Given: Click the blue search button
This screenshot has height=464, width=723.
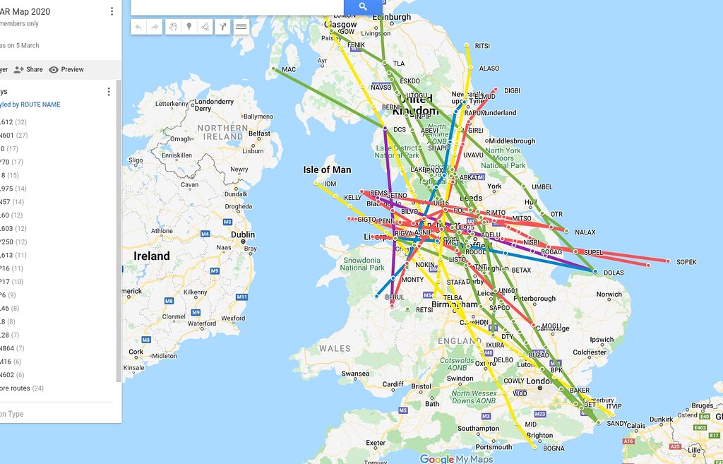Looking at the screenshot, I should [x=362, y=6].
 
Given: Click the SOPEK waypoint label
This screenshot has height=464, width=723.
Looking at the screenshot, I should [x=686, y=262].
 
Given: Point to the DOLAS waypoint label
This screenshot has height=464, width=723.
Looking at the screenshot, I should [x=614, y=273].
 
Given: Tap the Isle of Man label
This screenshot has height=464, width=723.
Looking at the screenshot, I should [x=327, y=169].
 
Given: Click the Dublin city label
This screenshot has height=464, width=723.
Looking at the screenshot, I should [x=242, y=235].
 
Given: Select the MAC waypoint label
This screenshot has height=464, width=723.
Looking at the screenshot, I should [x=289, y=69].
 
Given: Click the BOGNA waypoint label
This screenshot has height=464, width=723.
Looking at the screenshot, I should [x=554, y=448].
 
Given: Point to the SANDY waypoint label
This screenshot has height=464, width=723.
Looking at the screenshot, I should [x=616, y=424].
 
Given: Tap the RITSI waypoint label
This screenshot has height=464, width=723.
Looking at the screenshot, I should [x=482, y=46].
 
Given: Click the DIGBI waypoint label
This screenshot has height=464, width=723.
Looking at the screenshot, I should [x=512, y=90].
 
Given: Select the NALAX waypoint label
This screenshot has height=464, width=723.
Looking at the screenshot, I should [x=585, y=232].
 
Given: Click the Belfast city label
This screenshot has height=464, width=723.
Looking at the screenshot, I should [x=259, y=133].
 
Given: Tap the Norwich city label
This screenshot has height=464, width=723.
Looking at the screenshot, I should [x=609, y=295].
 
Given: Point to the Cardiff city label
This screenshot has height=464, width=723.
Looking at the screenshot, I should [x=393, y=385].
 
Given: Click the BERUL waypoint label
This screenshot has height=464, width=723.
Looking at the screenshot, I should [x=395, y=297].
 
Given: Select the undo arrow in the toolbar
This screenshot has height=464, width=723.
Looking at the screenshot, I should [x=138, y=27].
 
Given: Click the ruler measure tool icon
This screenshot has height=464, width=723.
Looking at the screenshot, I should [x=241, y=27].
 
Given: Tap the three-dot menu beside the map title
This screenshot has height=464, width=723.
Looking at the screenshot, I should [x=112, y=11].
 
